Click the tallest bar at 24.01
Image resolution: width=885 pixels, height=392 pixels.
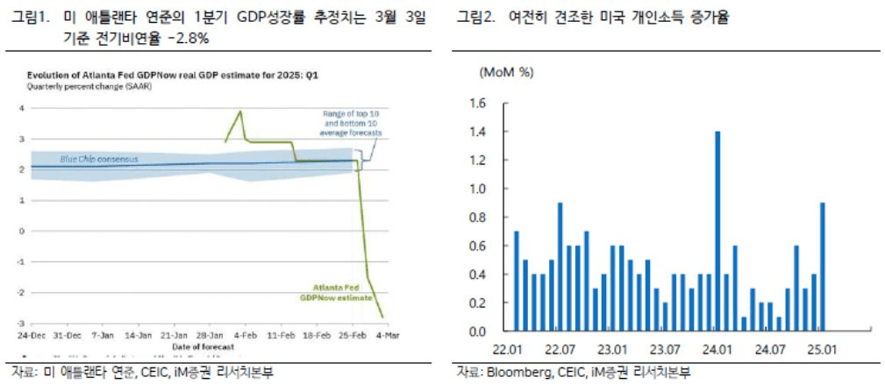pyautogui.click(x=717, y=232)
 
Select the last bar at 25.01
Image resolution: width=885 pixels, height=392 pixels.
pyautogui.click(x=822, y=267)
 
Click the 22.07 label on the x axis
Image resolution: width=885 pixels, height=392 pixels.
pyautogui.click(x=560, y=348)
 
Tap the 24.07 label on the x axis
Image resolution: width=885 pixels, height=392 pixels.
pyautogui.click(x=769, y=348)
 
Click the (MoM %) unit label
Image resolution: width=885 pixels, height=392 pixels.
pyautogui.click(x=506, y=73)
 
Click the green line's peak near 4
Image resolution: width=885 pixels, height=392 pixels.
pyautogui.click(x=240, y=111)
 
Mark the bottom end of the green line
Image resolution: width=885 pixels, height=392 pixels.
pyautogui.click(x=382, y=317)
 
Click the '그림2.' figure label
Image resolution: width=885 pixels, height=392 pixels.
pyautogui.click(x=476, y=18)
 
